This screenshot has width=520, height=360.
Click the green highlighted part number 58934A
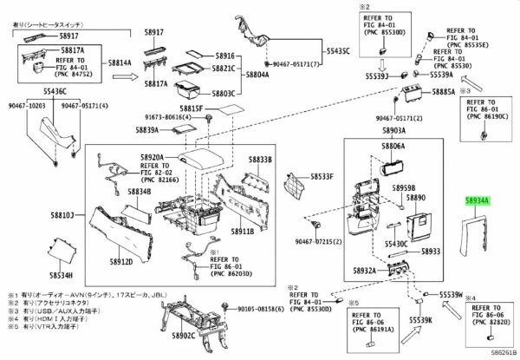[x=478, y=200]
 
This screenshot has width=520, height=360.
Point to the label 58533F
[x=322, y=177]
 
